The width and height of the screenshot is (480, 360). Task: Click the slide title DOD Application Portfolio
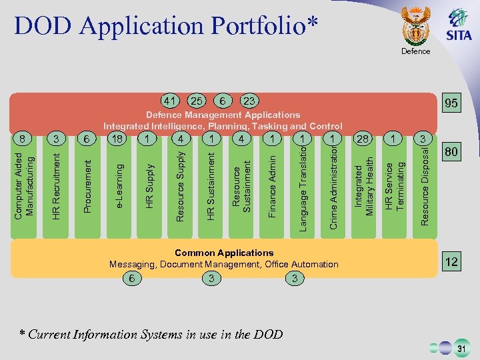point(166,25)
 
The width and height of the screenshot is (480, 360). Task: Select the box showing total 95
point(451,103)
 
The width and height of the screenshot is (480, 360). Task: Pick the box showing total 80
point(451,153)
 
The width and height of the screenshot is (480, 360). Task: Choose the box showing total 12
point(451,262)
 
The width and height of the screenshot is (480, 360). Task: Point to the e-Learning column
point(119,187)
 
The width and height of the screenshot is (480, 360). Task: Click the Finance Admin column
point(272,187)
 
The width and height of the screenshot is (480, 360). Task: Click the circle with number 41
point(171,101)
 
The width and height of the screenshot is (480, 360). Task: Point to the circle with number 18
point(117,139)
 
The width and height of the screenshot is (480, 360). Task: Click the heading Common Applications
point(224,253)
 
